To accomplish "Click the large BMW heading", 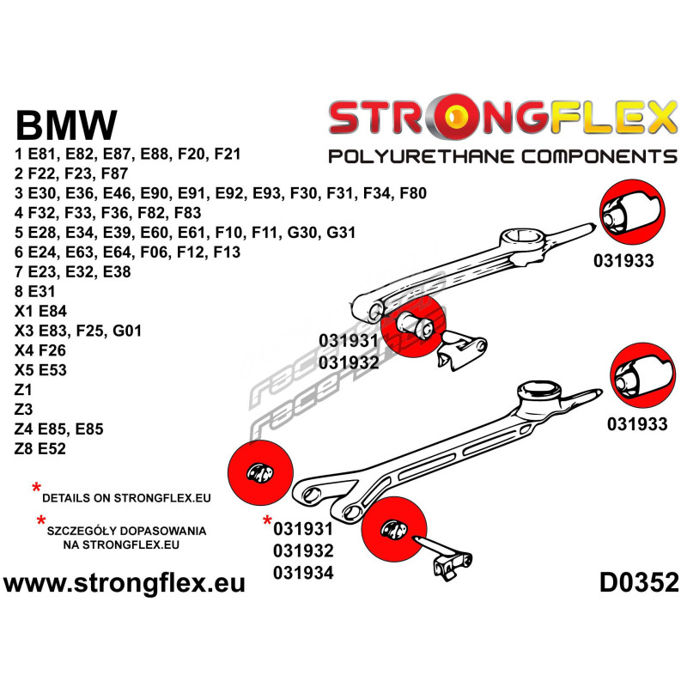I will click(66, 125).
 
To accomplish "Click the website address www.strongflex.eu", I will click(125, 584).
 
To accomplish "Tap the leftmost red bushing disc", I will click(262, 471).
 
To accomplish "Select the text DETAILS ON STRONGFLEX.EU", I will click(125, 496).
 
